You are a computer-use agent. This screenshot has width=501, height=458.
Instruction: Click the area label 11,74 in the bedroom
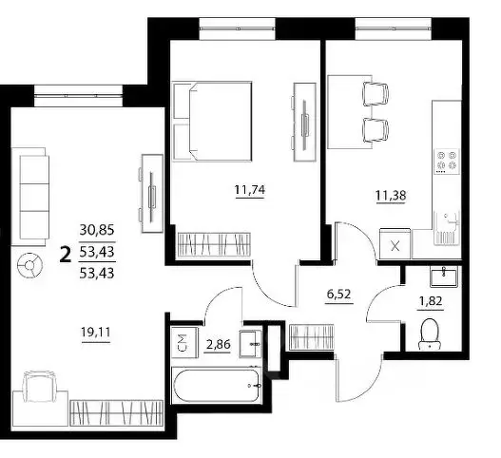tap(250, 190)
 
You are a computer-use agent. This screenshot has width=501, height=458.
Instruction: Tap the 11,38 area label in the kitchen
tap(391, 194)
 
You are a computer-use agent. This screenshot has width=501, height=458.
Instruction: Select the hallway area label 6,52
tap(339, 294)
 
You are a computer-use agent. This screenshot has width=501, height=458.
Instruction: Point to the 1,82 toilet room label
tap(431, 301)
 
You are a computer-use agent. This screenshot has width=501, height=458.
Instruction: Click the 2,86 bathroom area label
tap(218, 345)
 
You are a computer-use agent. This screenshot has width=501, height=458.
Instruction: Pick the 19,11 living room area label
tap(96, 333)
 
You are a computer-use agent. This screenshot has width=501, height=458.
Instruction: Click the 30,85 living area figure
tap(97, 230)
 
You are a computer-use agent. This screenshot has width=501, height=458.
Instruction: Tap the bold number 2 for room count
tap(66, 255)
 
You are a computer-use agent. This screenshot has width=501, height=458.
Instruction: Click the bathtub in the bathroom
tap(216, 385)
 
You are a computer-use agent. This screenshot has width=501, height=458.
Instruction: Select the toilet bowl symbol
tap(430, 334)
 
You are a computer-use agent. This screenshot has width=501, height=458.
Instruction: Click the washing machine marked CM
tap(184, 341)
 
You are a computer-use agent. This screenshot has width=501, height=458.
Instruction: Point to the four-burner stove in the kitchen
tap(447, 162)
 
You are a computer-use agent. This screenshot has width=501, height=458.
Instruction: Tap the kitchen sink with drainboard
tap(447, 227)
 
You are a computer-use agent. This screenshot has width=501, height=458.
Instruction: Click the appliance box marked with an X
tap(395, 243)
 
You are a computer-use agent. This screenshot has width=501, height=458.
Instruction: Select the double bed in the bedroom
tap(212, 121)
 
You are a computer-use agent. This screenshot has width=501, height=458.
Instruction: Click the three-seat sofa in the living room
tap(30, 197)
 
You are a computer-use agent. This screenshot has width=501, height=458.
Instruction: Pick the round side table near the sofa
tap(29, 265)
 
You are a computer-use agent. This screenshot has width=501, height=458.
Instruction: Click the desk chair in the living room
tap(39, 386)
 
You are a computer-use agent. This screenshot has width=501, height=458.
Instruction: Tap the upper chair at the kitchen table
tap(376, 93)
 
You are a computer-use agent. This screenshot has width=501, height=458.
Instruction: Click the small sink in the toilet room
tap(444, 277)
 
